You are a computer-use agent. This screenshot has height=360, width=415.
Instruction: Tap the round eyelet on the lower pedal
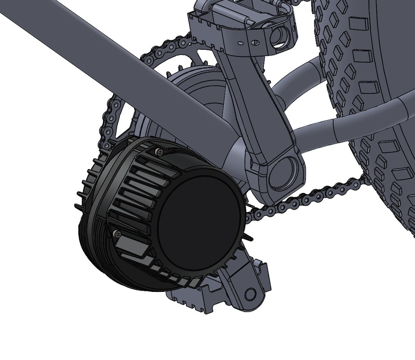click(250, 294)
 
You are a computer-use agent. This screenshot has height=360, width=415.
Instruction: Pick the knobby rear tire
click(373, 104)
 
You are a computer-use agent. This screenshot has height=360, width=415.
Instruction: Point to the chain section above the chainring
click(166, 46)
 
